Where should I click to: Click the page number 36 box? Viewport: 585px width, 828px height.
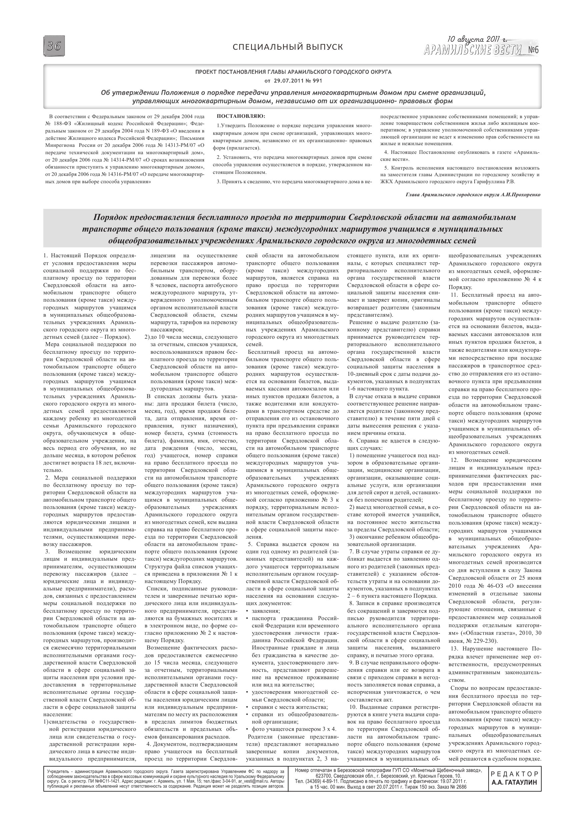pyautogui.click(x=54, y=46)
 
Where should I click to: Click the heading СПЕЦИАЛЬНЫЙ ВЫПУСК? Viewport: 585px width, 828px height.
pyautogui.click(x=287, y=47)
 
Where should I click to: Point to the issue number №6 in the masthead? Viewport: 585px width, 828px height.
pyautogui.click(x=533, y=50)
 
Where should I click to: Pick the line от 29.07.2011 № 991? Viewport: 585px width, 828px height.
pyautogui.click(x=293, y=80)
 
